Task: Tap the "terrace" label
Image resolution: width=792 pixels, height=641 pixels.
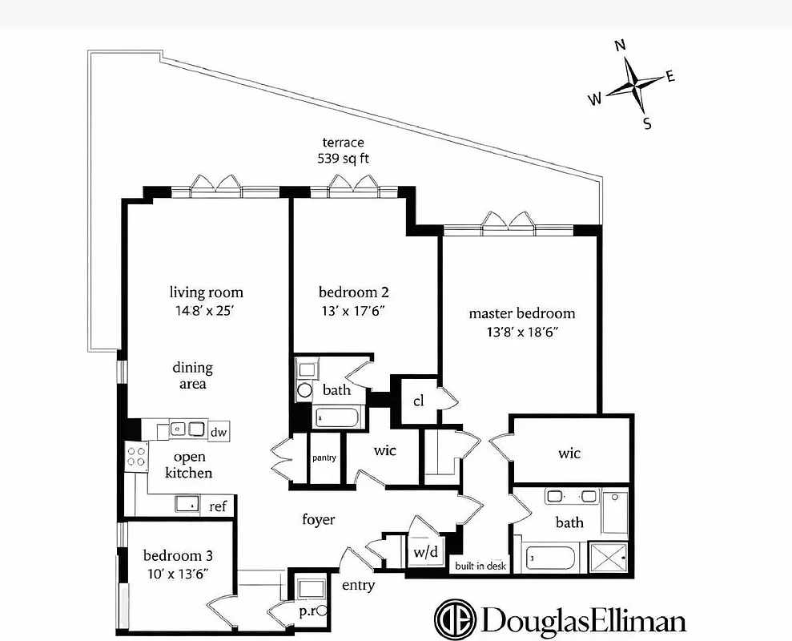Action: pos(344,143)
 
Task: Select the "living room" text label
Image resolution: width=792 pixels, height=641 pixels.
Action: pos(206,292)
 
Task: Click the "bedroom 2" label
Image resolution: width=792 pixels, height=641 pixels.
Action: pos(353,292)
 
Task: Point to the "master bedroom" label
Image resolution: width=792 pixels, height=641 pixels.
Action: pos(521,313)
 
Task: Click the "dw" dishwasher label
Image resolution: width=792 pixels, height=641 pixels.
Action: pos(219,433)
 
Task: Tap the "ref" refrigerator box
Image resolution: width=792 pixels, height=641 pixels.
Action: pos(218,506)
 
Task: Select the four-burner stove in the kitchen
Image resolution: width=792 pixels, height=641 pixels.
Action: pos(136,458)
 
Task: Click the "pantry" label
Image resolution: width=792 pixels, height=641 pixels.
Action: pos(324,458)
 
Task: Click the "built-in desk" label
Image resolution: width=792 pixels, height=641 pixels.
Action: pos(480,566)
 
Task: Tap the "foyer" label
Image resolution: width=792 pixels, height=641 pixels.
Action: pos(318,520)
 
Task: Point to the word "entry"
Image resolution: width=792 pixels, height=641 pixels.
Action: pos(358,586)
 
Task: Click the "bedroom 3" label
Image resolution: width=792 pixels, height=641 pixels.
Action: pos(178,555)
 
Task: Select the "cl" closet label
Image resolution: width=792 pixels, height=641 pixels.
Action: pos(418,401)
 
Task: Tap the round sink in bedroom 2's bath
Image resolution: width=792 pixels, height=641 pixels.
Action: pos(304,391)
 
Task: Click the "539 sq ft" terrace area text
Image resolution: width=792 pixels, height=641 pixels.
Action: pos(344,159)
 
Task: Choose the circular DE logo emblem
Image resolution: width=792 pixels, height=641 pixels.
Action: pos(455,619)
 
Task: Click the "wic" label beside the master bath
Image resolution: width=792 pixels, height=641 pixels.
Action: pos(569,454)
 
